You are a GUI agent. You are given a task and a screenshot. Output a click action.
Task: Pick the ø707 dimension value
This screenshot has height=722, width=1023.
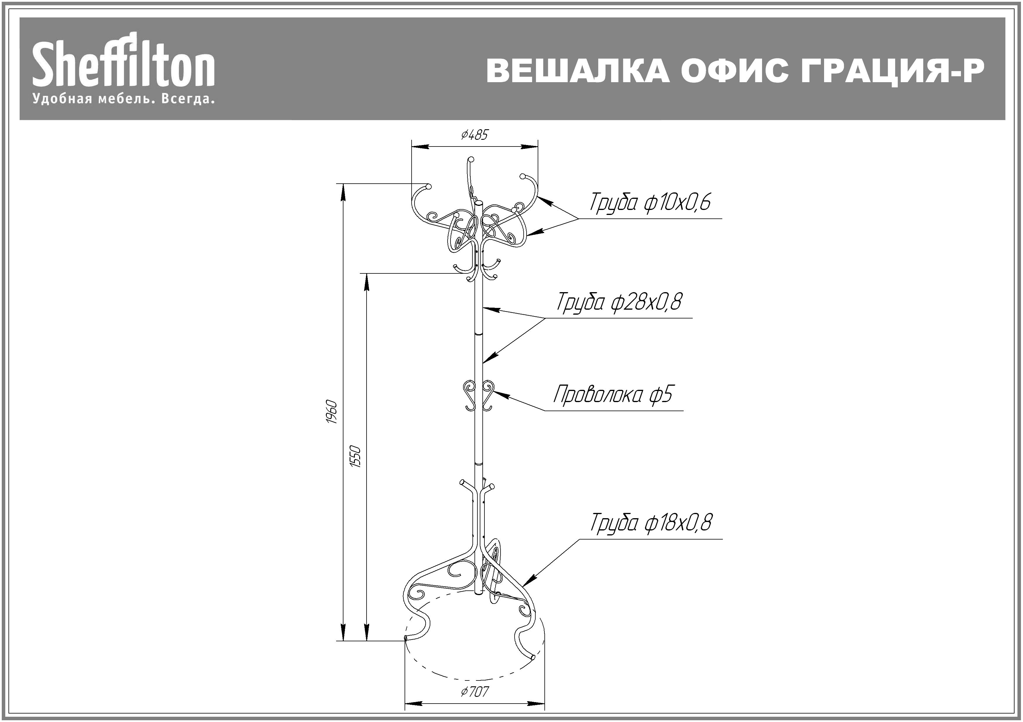[x=475, y=692]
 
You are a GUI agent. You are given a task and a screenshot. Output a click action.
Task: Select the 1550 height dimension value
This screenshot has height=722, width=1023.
[x=355, y=456]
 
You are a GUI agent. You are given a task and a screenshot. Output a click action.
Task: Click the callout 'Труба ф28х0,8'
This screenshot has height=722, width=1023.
[x=619, y=302]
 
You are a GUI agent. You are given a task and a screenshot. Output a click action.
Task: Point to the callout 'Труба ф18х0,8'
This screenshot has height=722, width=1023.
[x=651, y=523]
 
